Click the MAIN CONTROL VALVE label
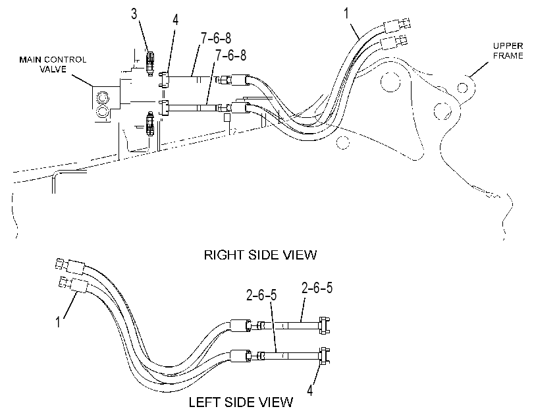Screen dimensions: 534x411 (x=53, y=65)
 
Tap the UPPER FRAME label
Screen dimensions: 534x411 (x=508, y=51)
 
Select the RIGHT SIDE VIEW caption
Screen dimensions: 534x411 (x=260, y=255)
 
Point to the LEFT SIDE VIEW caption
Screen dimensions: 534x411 (x=241, y=402)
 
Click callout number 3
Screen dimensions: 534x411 (x=134, y=14)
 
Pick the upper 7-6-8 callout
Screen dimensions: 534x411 (x=216, y=38)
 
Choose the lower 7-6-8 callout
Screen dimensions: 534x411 (x=230, y=55)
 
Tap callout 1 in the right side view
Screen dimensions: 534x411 (x=346, y=14)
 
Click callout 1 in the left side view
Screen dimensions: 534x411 (x=58, y=321)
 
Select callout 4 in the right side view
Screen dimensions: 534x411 (x=175, y=20)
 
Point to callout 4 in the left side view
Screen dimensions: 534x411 (x=309, y=390)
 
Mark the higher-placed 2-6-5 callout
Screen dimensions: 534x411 (x=317, y=288)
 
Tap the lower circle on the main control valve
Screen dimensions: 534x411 (x=102, y=111)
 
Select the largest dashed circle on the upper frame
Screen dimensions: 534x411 (x=390, y=82)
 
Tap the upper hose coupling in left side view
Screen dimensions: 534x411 (x=242, y=325)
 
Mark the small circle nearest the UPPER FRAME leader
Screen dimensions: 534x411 (x=462, y=88)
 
